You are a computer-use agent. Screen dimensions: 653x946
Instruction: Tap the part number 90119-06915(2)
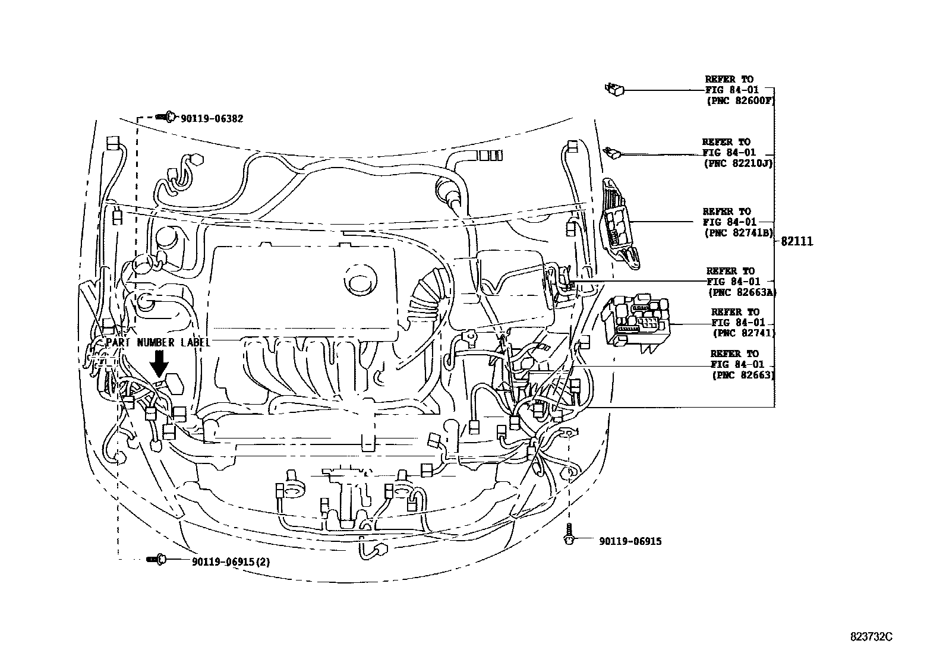[231, 561]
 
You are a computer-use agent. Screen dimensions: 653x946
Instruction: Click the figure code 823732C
[871, 636]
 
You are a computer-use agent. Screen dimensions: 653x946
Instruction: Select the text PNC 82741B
[739, 233]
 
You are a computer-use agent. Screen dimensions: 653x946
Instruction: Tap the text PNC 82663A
[742, 292]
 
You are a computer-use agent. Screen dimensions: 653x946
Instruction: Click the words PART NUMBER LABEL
[157, 343]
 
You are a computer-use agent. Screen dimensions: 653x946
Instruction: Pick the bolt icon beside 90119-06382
[166, 116]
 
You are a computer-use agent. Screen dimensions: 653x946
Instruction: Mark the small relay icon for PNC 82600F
[614, 90]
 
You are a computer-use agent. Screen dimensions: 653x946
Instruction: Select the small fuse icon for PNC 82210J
[612, 153]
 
